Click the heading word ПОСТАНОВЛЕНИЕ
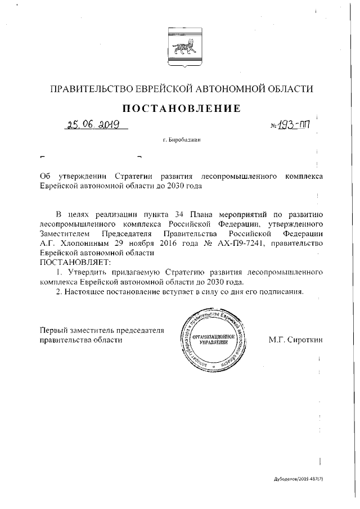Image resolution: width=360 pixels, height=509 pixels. pyautogui.click(x=179, y=107)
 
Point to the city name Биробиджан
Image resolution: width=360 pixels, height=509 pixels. pyautogui.click(x=181, y=139)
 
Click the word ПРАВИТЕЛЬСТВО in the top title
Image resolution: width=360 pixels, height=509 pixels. pyautogui.click(x=89, y=89)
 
